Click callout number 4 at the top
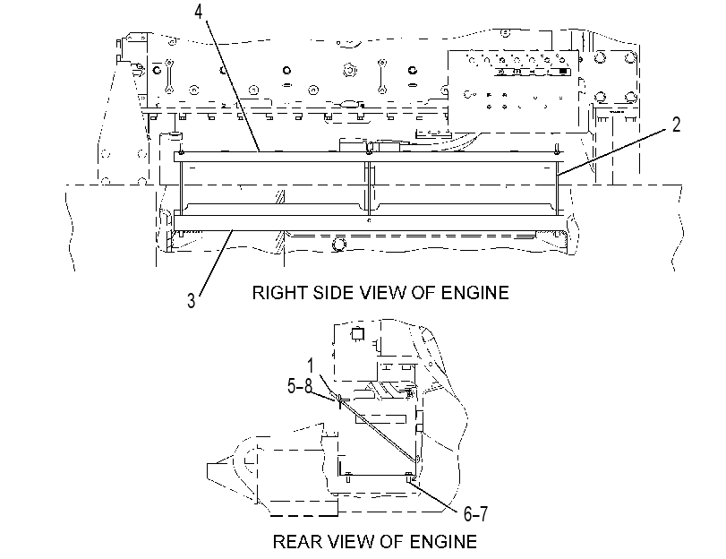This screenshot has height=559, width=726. point(198,12)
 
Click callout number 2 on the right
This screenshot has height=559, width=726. point(676,125)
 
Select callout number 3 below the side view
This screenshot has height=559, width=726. point(192,300)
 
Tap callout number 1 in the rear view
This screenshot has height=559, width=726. point(311,365)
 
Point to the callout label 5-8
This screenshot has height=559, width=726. point(300,385)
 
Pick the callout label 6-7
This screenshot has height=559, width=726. point(475,513)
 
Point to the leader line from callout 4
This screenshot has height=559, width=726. point(232,86)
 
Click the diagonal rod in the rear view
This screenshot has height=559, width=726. point(379,428)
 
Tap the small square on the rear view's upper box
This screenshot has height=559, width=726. point(357,334)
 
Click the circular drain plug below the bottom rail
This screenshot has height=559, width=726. point(338,243)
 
